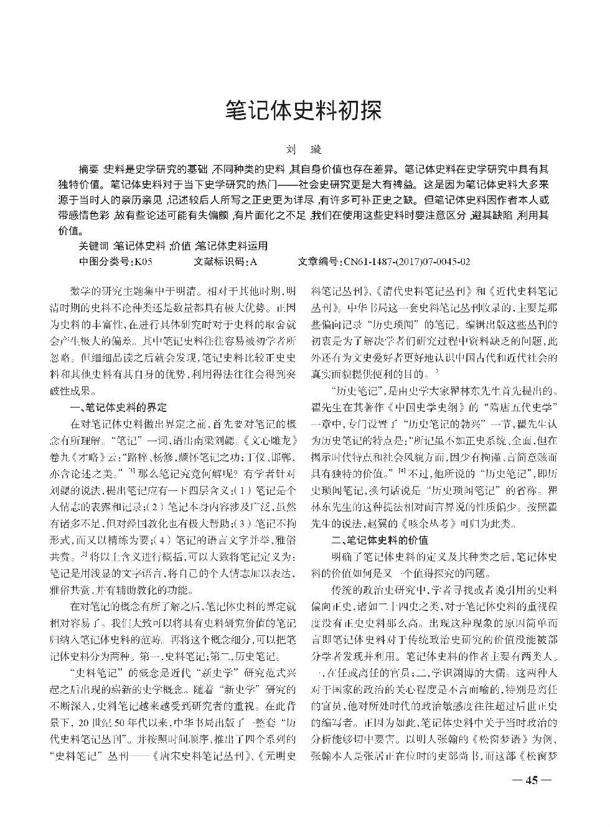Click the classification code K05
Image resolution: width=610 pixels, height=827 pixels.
(143, 261)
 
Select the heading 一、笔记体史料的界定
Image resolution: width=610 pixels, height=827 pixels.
(118, 408)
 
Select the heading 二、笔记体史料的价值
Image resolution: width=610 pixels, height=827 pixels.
(379, 540)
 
